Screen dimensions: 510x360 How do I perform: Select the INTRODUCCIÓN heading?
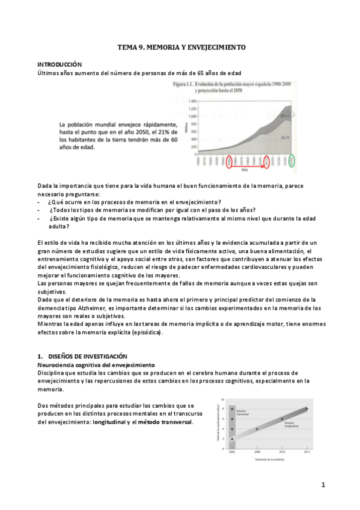59,64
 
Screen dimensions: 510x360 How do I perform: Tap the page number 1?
323,485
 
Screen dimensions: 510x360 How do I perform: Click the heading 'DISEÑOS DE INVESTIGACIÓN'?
78,357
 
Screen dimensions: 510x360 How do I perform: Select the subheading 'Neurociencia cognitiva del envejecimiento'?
96,365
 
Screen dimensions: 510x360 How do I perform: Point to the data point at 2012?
307,410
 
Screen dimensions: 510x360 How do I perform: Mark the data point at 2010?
282,419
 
